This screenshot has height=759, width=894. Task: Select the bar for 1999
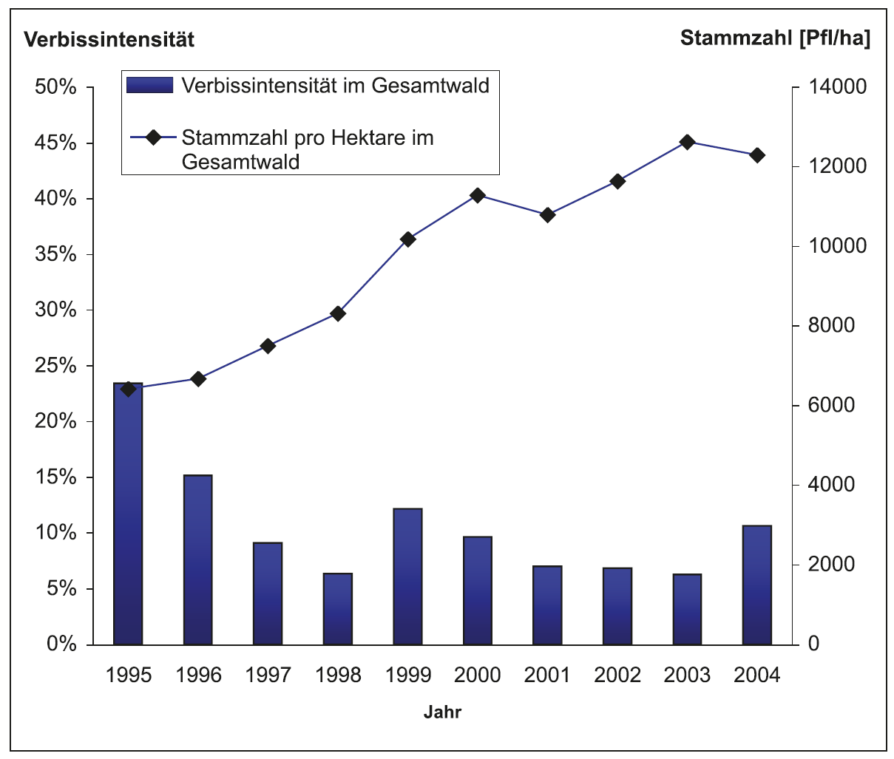pos(407,576)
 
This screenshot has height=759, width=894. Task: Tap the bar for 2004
pos(757,585)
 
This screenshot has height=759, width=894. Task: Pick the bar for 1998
pos(338,609)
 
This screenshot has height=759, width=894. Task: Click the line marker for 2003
pos(687,142)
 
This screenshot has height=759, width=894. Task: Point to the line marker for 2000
pos(478,195)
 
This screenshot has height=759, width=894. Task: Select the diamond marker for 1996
pos(198,379)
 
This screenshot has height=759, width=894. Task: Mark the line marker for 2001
pos(547,215)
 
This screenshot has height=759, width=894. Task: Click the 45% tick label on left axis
pos(56,143)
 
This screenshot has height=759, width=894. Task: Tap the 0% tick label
pos(61,644)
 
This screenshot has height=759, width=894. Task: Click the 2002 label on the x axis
pos(617,675)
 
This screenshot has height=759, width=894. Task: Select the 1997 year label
pos(268,675)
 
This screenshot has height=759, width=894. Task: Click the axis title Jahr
pos(442,712)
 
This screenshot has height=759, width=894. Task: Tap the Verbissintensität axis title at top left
pos(109,39)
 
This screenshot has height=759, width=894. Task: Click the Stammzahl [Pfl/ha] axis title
pos(775,38)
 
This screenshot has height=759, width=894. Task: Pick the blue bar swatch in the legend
pos(149,86)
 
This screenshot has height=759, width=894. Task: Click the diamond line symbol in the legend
pos(152,137)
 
